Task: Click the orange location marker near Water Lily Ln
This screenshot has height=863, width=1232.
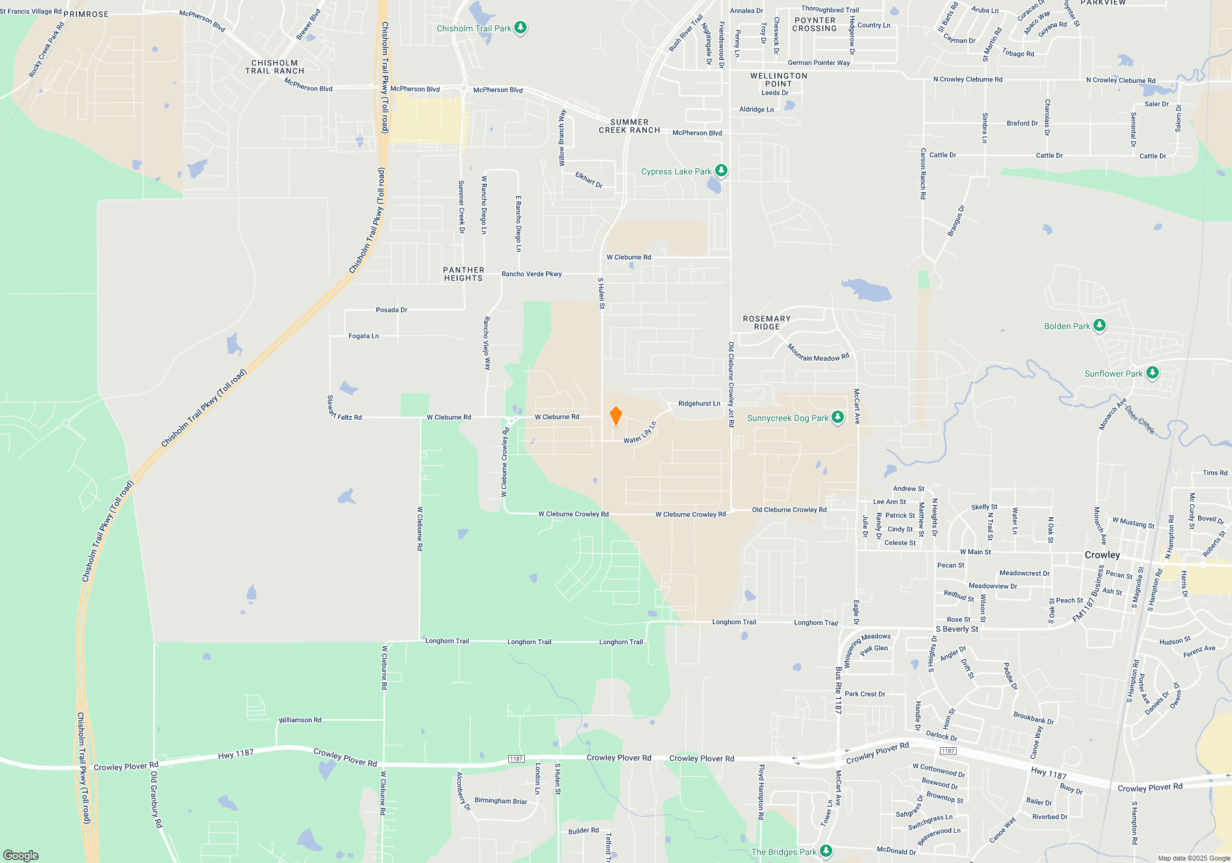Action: pyautogui.click(x=615, y=415)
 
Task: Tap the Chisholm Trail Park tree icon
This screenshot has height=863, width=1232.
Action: pyautogui.click(x=521, y=28)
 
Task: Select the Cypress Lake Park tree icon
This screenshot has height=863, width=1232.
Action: pyautogui.click(x=721, y=171)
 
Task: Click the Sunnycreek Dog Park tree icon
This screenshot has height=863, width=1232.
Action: pyautogui.click(x=838, y=417)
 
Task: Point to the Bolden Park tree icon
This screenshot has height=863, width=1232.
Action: pyautogui.click(x=1099, y=325)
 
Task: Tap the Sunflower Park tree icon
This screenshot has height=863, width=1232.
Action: pyautogui.click(x=1152, y=373)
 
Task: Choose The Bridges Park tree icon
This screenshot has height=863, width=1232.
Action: pyautogui.click(x=825, y=851)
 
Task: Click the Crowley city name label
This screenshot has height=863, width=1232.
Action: pyautogui.click(x=1102, y=555)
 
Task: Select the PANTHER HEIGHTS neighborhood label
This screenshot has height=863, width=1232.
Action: pyautogui.click(x=463, y=274)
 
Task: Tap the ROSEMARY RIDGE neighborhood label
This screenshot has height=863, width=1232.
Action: pyautogui.click(x=766, y=323)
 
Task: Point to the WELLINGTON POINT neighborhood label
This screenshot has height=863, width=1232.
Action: pyautogui.click(x=779, y=80)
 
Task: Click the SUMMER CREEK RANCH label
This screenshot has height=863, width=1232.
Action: pyautogui.click(x=629, y=126)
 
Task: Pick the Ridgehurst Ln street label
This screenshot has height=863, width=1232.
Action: pyautogui.click(x=699, y=404)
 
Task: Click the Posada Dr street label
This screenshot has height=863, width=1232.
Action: pyautogui.click(x=391, y=310)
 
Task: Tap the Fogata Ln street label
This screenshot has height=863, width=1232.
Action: pyautogui.click(x=363, y=336)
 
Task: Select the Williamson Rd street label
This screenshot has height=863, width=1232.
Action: pyautogui.click(x=300, y=720)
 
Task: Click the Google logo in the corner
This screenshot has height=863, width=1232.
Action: pyautogui.click(x=21, y=855)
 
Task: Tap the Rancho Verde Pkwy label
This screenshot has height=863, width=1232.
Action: pyautogui.click(x=532, y=274)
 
